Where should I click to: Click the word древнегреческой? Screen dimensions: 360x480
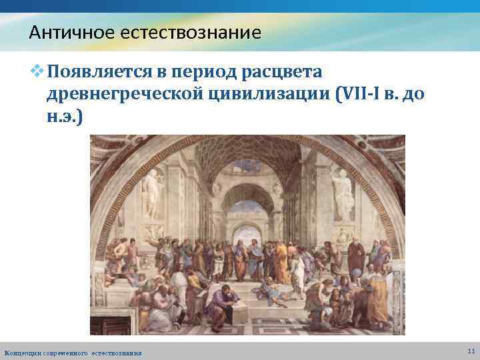click(x=123, y=95)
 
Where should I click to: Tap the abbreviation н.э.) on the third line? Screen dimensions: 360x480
click(x=65, y=117)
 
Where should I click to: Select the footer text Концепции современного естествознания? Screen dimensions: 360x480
click(x=73, y=352)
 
